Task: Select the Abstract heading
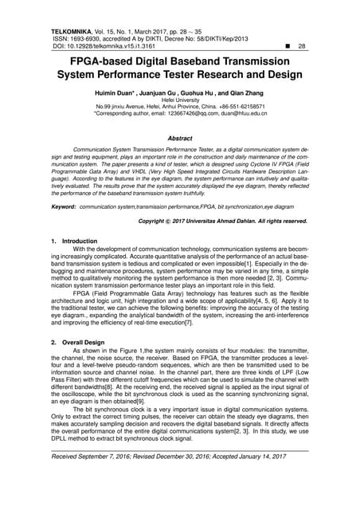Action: [180, 138]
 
